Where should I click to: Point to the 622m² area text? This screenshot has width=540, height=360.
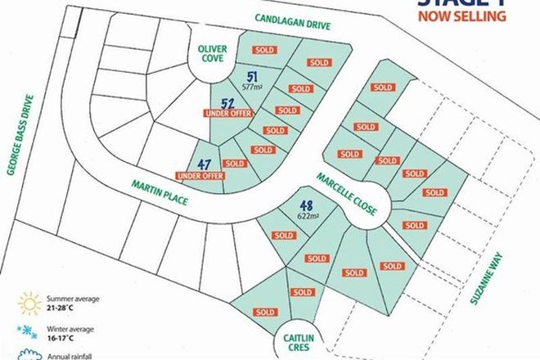tap(309, 217)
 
